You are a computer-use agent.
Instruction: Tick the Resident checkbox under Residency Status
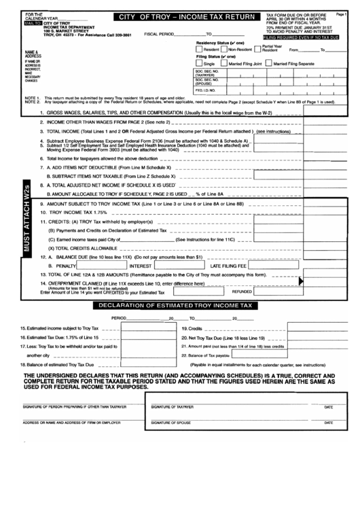[x=198, y=49]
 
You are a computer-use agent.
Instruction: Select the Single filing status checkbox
[x=198, y=63]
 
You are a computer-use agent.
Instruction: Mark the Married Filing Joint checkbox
[x=224, y=63]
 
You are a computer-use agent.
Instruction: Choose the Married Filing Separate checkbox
[x=268, y=63]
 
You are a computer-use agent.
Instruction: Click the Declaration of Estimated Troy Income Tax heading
[x=175, y=306]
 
